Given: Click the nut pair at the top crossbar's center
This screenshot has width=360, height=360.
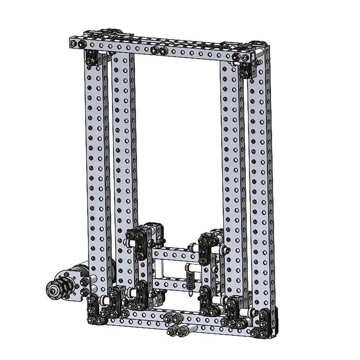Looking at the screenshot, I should [x=159, y=50].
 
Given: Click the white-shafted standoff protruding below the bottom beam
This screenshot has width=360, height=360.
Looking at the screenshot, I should [x=180, y=330].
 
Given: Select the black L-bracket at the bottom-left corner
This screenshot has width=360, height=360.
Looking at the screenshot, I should [x=96, y=311].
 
